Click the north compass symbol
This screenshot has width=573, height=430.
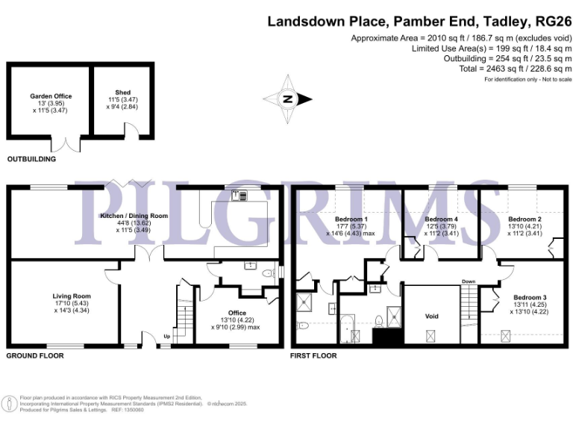pyautogui.click(x=286, y=98)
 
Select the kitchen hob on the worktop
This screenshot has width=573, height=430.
pyautogui.click(x=240, y=196)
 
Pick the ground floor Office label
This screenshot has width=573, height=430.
pyautogui.click(x=235, y=313)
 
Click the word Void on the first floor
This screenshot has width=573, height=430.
pyautogui.click(x=432, y=316)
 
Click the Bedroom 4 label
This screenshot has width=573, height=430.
pyautogui.click(x=441, y=219)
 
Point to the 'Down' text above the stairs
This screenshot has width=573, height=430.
pyautogui.click(x=468, y=281)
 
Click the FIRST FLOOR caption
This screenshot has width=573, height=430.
pyautogui.click(x=313, y=355)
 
